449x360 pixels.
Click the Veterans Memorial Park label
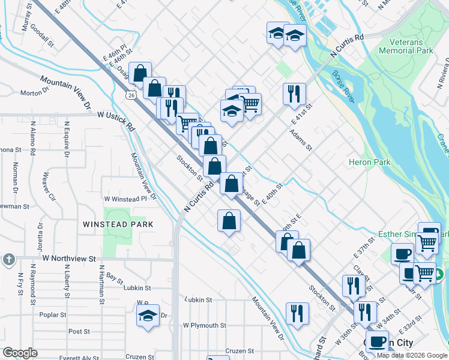[406, 47]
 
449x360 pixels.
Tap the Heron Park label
[370, 162]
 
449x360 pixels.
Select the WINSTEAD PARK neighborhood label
[118, 224]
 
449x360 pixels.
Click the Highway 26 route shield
[131, 94]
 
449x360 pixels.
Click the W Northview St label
[69, 259]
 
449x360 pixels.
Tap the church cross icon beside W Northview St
[8, 259]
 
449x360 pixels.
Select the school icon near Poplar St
[147, 315]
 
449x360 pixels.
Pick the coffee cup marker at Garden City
[377, 342]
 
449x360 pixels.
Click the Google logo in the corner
[20, 353]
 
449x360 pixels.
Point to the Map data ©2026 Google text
[412, 355]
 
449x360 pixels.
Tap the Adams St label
[301, 139]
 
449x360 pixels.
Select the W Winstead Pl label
[125, 199]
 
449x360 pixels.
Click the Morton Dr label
[34, 93]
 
